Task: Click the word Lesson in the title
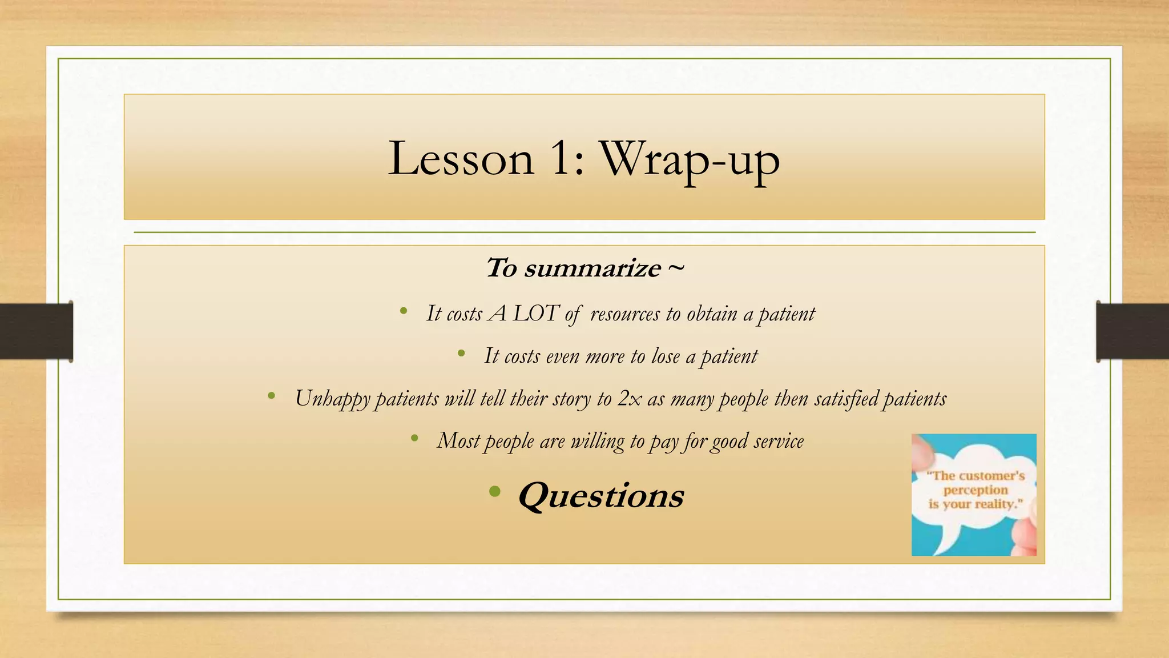point(461,159)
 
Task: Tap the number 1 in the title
point(562,159)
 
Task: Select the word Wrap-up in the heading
point(689,160)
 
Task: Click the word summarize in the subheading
point(592,268)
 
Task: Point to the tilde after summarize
point(675,267)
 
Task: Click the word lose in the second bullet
point(665,356)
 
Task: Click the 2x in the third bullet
point(630,399)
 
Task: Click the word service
point(779,441)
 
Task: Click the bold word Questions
point(600,495)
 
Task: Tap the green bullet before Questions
point(494,491)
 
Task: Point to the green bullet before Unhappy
point(271,395)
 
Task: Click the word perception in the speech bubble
point(975,490)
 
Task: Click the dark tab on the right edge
point(1132,331)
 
